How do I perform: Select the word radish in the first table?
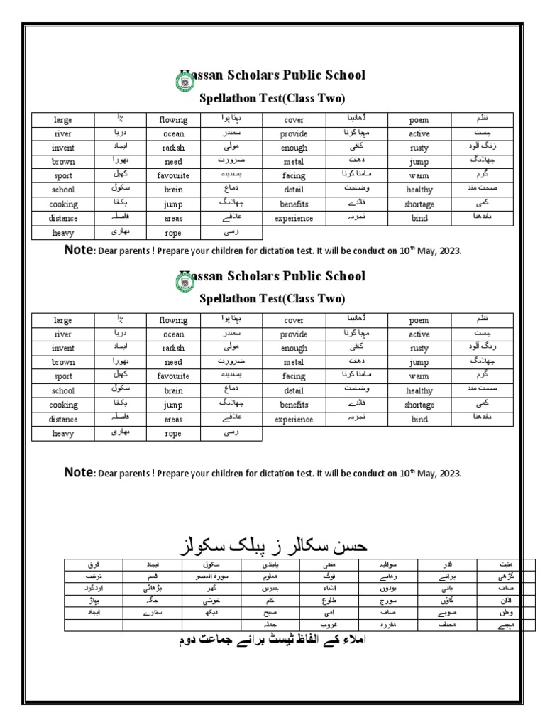click(x=173, y=148)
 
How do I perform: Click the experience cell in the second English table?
click(x=294, y=419)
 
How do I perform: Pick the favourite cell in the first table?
click(x=173, y=175)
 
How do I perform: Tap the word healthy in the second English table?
click(x=419, y=390)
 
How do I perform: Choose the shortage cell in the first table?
click(x=419, y=204)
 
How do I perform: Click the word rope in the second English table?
click(x=173, y=433)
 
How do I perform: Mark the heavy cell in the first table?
click(x=62, y=232)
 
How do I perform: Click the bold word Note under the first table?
click(x=79, y=250)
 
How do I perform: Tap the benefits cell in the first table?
click(x=294, y=204)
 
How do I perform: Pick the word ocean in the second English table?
click(x=173, y=334)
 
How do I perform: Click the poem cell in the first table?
click(x=419, y=120)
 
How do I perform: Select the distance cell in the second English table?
click(x=62, y=419)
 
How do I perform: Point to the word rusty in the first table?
click(x=419, y=148)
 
